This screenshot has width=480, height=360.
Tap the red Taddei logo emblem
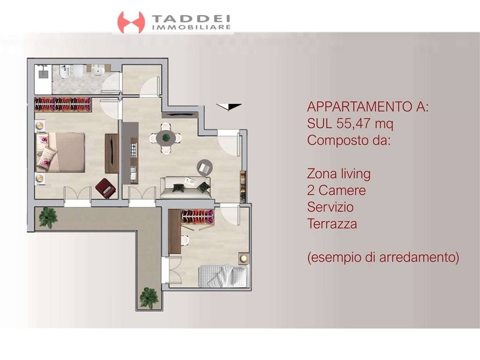[x=131, y=22]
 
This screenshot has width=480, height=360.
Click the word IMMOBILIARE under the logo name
[x=191, y=28]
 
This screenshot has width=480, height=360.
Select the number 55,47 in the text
[x=356, y=124]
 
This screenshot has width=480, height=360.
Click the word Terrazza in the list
[x=332, y=224]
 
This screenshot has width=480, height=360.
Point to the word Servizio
[x=330, y=207]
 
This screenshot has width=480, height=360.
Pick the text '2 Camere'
[x=336, y=190]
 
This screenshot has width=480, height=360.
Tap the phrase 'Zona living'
[x=338, y=174]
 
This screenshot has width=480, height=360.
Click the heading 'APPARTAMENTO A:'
[x=367, y=107]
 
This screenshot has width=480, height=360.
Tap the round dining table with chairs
[x=166, y=138]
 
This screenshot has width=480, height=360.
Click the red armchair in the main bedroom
[x=105, y=188]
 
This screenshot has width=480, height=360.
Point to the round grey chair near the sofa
[x=204, y=167]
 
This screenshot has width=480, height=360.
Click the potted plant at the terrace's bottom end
[x=149, y=297]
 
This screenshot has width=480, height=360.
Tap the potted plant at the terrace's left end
[x=48, y=216]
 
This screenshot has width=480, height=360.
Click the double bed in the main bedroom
[x=61, y=152]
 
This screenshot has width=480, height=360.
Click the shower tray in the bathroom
[x=43, y=79]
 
